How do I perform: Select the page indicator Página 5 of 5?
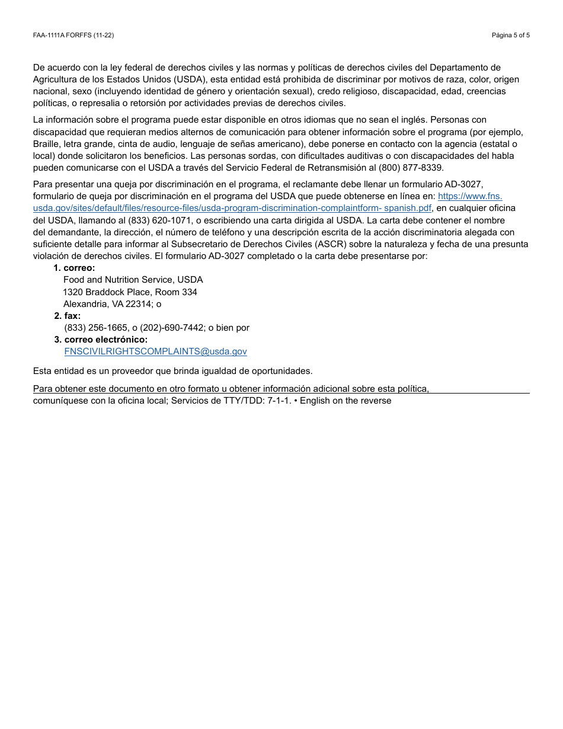point(510,36)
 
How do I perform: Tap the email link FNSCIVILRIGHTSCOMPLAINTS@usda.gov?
point(155,351)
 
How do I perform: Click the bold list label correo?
point(79,268)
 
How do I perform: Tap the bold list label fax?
point(72,316)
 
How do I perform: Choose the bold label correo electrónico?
point(106,340)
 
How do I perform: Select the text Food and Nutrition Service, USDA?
point(133,280)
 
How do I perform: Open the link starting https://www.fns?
point(470,196)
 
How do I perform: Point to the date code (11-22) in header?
point(104,36)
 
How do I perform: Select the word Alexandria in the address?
point(85,304)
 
